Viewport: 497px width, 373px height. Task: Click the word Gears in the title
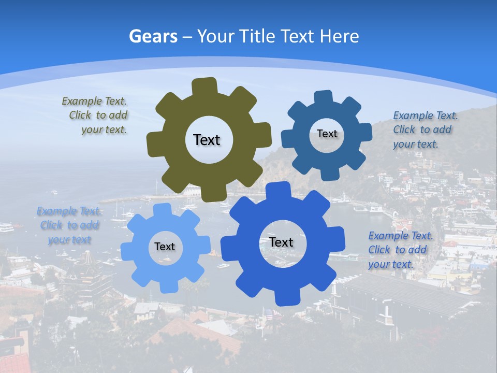pyautogui.click(x=153, y=36)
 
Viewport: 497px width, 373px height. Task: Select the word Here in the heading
pyautogui.click(x=340, y=36)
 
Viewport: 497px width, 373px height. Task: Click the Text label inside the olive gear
pyautogui.click(x=207, y=140)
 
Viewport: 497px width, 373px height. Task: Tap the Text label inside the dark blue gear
pyautogui.click(x=327, y=134)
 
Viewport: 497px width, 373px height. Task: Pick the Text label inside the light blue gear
pyautogui.click(x=165, y=247)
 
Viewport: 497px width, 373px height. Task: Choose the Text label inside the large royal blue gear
pyautogui.click(x=281, y=242)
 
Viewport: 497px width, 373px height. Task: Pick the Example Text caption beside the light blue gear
pyautogui.click(x=69, y=225)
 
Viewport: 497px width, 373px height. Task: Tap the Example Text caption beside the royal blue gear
pyautogui.click(x=399, y=250)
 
